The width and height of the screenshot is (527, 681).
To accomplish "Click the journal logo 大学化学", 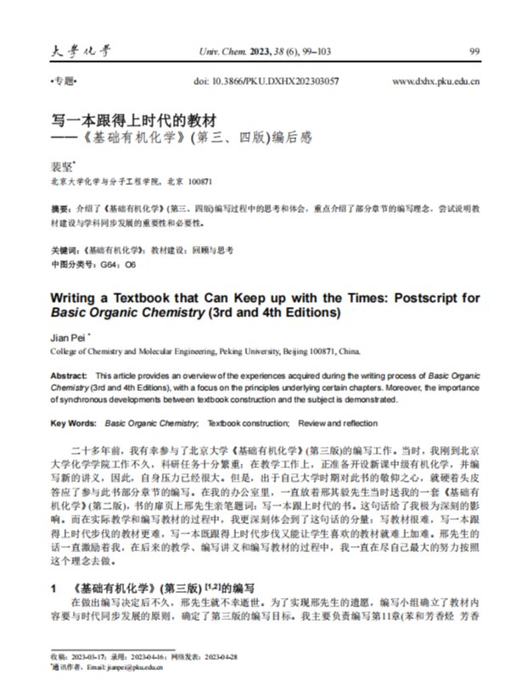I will point(75,50).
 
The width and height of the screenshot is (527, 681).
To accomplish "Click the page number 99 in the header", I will point(474,51).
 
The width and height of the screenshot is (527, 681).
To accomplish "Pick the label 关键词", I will point(63,251).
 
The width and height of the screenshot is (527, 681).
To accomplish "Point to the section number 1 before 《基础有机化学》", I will point(53,586).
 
